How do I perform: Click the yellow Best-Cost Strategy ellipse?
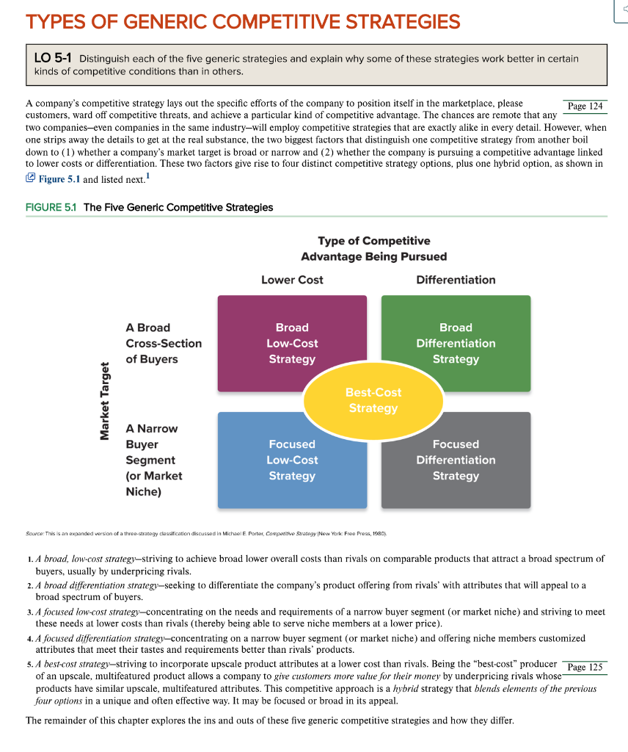point(373,400)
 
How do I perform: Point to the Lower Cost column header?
point(292,280)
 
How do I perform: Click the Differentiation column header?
point(456,280)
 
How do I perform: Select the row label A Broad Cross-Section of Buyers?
point(163,343)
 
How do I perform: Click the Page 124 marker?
point(585,106)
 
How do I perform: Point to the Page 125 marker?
point(585,667)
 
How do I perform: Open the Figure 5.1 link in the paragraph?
point(62,178)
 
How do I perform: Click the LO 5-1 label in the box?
point(53,58)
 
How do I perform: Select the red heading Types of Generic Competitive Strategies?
point(243,21)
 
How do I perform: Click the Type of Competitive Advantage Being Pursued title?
point(373,248)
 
